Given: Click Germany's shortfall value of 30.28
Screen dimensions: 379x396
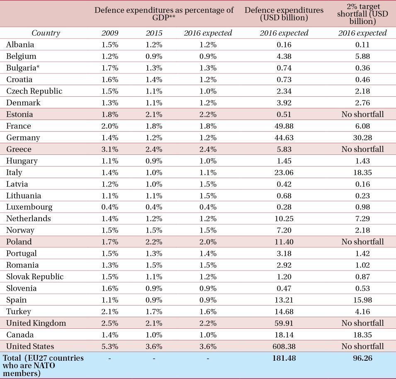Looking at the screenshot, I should point(362,137).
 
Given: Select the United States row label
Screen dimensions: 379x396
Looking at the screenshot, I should point(30,346).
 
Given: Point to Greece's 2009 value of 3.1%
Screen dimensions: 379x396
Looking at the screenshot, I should point(110,149).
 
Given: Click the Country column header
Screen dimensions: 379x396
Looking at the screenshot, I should point(46,33).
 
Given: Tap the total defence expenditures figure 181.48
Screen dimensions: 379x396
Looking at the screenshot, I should point(284,358).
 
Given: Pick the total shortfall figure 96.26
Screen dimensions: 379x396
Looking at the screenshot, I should point(362,358).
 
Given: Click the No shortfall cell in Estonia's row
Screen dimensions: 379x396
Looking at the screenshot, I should point(362,114).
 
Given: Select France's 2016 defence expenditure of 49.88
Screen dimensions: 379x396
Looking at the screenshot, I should point(284,126).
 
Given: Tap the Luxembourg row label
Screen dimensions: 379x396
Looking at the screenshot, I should point(29,207).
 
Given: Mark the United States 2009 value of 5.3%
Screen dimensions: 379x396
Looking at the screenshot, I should point(110,346).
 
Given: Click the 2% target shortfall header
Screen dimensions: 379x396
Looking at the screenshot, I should point(362,14).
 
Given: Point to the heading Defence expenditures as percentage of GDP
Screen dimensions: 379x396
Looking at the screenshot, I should point(164,14).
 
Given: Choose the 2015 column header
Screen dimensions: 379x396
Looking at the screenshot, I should point(154,33).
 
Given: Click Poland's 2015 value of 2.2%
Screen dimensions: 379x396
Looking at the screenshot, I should point(154,242).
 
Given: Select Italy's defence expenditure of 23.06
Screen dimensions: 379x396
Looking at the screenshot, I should point(284,172).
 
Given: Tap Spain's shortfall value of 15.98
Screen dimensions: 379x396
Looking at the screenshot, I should point(362,300).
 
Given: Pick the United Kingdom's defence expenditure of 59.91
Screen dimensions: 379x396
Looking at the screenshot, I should point(284,323).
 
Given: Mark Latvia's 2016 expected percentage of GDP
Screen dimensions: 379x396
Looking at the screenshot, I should point(208,184).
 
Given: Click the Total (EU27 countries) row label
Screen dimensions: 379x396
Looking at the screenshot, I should point(43,365).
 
